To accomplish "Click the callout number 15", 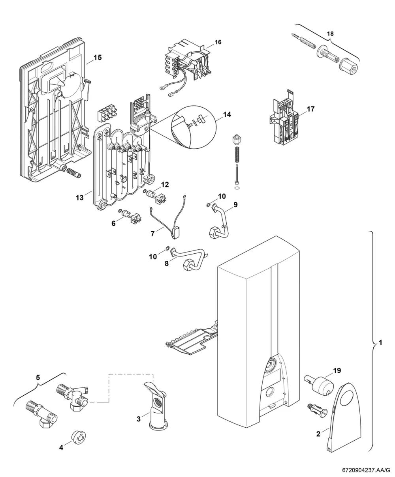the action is tap(98, 57).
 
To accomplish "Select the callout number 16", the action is tap(218, 42).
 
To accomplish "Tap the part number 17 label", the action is tap(310, 109).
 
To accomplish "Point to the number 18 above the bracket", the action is tap(330, 34).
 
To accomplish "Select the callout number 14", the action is tap(227, 114).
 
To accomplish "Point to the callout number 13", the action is tap(80, 197).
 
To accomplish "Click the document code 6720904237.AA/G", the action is tap(366, 470).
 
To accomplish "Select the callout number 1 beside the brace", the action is tap(380, 349).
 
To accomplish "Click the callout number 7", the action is tap(152, 234).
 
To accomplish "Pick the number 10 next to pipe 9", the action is tap(222, 196).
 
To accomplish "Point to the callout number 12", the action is tap(165, 184).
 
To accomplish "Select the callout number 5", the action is tap(38, 378).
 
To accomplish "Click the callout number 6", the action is tap(113, 223).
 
